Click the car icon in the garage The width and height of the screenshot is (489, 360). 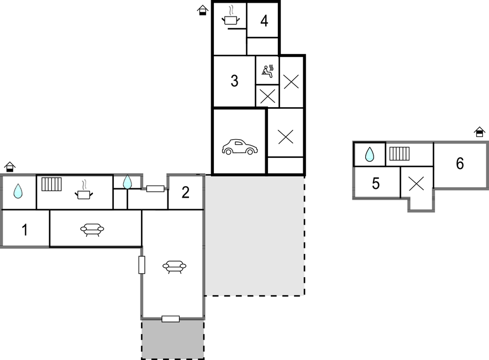(240, 147)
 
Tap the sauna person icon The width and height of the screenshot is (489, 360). (268, 71)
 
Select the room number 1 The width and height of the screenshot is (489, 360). (25, 230)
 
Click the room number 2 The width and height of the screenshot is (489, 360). (186, 192)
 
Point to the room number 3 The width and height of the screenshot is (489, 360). (234, 81)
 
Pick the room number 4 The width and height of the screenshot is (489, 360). (264, 21)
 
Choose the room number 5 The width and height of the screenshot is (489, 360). (376, 183)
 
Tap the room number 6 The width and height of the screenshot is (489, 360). (460, 163)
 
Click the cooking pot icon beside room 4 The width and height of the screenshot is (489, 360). (231, 16)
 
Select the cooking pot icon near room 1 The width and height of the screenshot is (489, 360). (83, 190)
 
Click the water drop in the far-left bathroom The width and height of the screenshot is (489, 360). (18, 190)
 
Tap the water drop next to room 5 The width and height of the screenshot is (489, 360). (370, 154)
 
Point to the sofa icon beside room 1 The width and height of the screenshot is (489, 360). (92, 230)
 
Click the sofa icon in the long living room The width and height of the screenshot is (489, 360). (175, 267)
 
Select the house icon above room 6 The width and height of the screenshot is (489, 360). (480, 132)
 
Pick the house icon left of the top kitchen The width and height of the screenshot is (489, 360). (203, 10)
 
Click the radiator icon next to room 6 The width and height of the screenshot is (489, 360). (399, 153)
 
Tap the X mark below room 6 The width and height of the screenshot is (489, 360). (416, 183)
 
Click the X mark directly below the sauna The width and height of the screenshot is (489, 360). (267, 96)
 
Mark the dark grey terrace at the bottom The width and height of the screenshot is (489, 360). (173, 339)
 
